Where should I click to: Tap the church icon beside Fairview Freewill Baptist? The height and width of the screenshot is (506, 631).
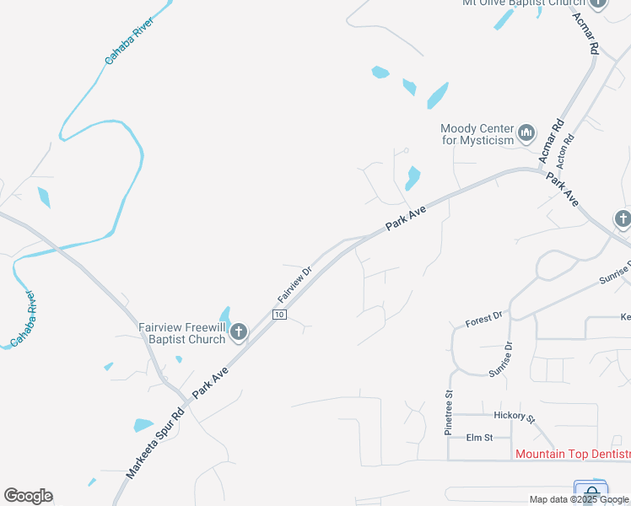point(238,332)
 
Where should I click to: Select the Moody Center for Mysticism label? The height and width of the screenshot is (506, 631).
point(477,134)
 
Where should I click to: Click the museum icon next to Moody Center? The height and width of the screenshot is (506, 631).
point(526,133)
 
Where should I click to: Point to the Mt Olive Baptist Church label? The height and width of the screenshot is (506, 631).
point(523,3)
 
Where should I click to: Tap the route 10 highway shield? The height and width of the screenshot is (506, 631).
point(279,315)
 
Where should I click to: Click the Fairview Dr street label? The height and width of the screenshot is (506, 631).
point(295,287)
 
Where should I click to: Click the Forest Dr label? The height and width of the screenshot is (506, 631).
point(484,320)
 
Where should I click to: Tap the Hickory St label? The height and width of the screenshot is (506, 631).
point(515,416)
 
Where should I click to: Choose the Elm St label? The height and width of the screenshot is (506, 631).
point(479,438)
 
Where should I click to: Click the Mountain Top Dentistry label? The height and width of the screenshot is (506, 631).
point(572,455)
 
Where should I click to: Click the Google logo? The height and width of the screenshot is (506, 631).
point(28,496)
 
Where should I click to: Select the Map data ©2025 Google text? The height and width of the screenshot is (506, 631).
point(579,499)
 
